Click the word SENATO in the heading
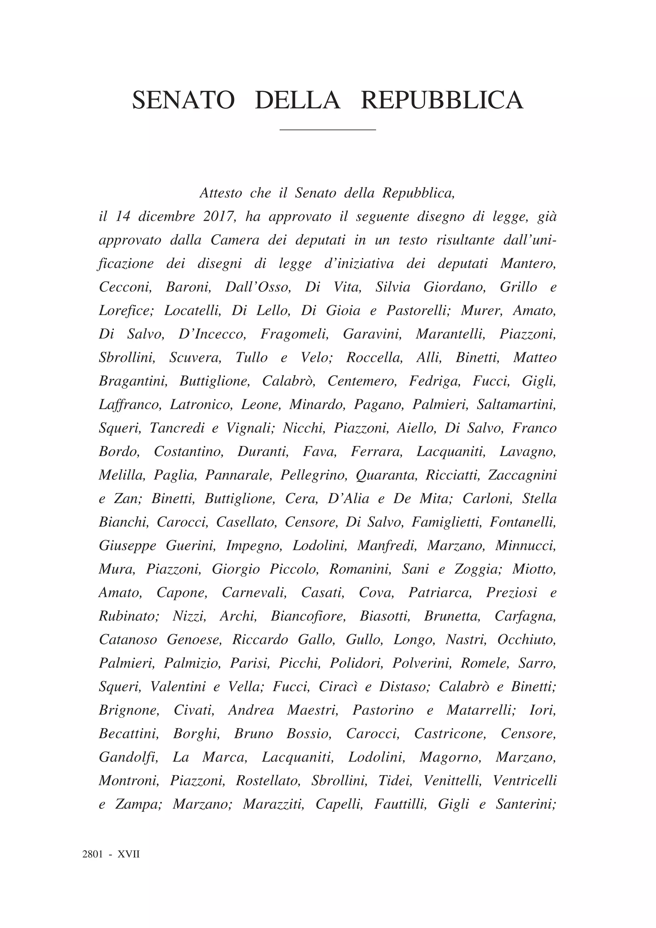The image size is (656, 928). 184,100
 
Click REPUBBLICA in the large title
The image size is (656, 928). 442,100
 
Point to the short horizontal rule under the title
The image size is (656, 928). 328,130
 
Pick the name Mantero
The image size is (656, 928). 528,263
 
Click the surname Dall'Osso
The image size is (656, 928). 258,287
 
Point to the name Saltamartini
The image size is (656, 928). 517,404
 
